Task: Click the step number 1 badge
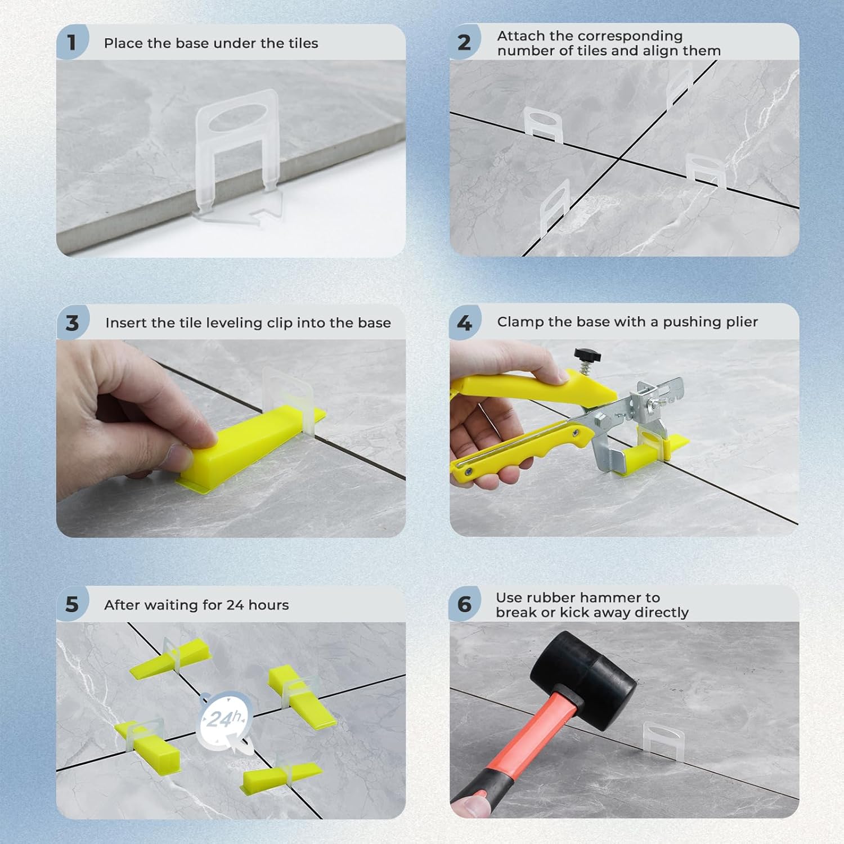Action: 71,42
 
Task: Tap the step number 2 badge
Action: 464,42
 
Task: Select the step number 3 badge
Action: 72,323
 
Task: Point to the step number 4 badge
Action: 464,323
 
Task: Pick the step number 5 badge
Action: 72,604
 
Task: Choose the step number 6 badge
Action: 464,604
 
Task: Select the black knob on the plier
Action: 587,355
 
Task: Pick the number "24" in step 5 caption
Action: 235,605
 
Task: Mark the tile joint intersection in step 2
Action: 621,159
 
